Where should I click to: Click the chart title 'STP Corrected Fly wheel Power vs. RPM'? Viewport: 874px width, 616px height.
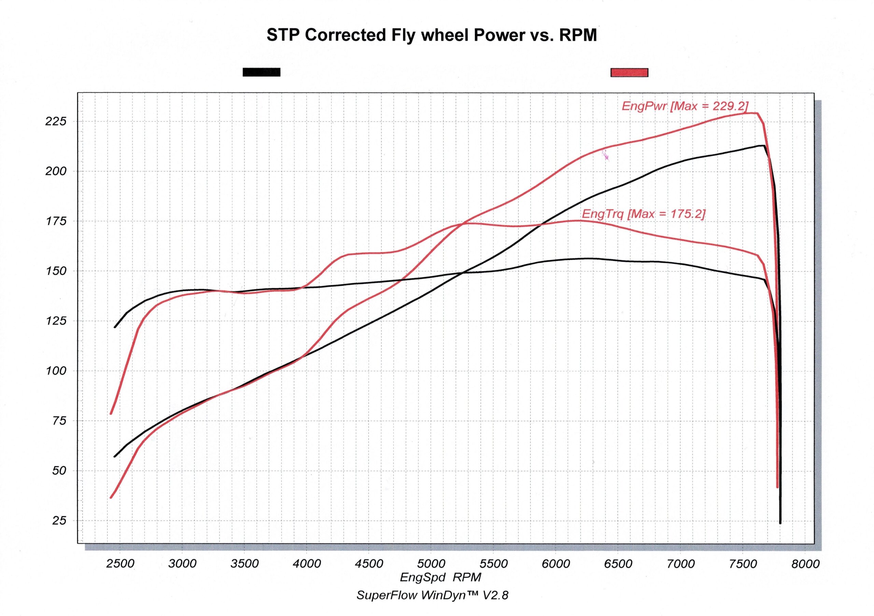[x=431, y=35]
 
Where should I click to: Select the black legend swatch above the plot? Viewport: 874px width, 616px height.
[x=262, y=72]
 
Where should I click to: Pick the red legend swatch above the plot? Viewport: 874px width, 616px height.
[x=629, y=73]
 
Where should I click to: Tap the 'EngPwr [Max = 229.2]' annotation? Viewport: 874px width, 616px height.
[x=685, y=106]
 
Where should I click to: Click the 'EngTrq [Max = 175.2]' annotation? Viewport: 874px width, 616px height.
[x=643, y=214]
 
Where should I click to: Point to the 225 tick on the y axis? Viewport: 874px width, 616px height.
[x=56, y=121]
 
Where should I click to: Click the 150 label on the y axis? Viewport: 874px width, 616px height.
[x=56, y=271]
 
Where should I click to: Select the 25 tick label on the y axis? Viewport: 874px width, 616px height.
[x=59, y=520]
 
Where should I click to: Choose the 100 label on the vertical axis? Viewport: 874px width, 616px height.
[x=56, y=371]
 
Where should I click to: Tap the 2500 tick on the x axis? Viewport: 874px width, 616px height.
[x=120, y=563]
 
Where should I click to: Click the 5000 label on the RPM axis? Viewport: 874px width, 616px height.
[x=431, y=563]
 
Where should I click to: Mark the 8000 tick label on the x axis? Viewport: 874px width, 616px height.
[x=805, y=563]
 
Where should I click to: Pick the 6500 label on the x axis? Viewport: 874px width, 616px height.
[x=618, y=563]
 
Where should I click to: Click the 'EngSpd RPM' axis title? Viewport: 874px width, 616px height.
[x=440, y=577]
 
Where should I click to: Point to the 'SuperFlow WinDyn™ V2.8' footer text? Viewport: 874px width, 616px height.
[x=432, y=595]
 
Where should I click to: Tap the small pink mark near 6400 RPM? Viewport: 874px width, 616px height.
[x=605, y=155]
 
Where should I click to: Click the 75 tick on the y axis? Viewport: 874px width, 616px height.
[x=59, y=420]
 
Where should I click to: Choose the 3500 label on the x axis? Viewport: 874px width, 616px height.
[x=244, y=563]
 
